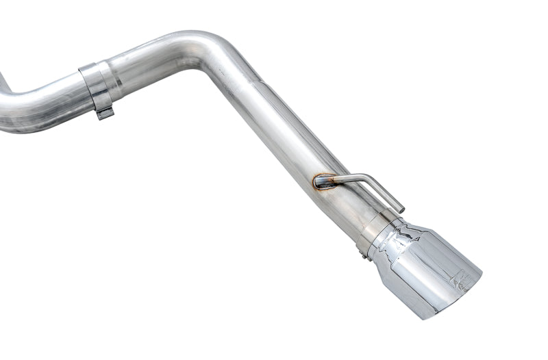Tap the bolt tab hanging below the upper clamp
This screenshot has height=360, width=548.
[x=104, y=113]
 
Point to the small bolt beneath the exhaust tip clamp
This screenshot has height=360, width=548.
[x=363, y=255]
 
